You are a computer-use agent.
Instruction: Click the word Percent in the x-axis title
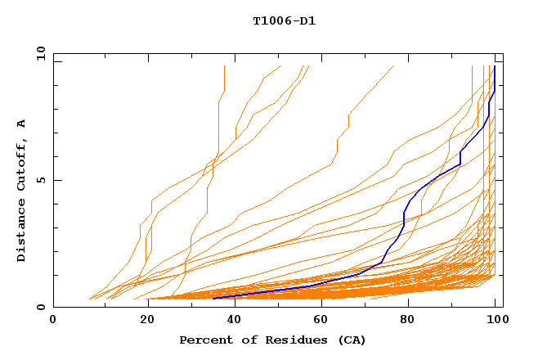204,340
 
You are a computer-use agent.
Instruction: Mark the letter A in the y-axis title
22,123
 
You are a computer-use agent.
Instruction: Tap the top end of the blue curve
494,66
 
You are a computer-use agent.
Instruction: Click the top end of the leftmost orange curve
224,66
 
